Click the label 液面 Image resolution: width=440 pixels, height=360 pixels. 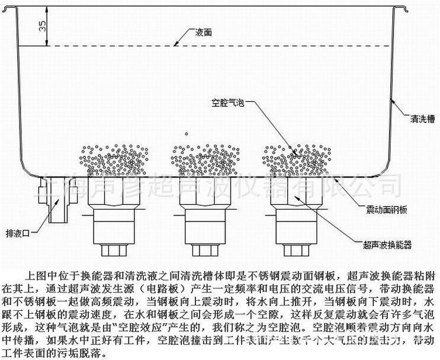tap(203, 32)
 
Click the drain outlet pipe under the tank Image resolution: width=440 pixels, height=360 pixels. tap(57, 201)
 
